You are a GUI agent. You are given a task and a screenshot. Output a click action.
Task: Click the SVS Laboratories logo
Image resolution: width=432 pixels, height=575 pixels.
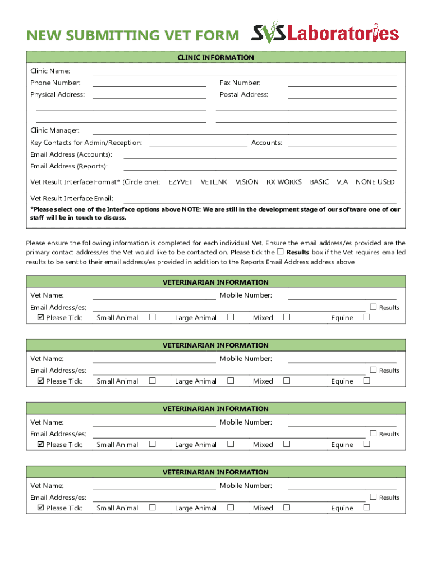325,34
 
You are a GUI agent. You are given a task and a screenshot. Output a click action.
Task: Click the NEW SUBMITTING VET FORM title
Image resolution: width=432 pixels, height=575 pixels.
132,35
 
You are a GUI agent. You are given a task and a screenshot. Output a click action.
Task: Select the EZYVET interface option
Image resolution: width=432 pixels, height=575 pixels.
181,182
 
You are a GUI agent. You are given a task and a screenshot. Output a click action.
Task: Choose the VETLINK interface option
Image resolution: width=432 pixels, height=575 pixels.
214,182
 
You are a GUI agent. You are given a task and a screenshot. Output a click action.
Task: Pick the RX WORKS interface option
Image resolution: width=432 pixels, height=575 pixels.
284,182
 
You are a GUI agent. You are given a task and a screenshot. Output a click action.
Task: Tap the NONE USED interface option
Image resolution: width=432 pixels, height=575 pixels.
375,182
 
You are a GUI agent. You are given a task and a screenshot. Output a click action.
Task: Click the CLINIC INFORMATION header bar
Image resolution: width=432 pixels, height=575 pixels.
216,57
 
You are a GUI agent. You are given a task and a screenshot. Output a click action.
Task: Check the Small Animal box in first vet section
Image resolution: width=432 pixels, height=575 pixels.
152,317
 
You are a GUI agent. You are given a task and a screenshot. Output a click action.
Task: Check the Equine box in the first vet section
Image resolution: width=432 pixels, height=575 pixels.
367,317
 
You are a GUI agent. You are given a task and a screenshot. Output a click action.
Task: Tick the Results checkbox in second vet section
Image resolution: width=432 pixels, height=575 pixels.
373,370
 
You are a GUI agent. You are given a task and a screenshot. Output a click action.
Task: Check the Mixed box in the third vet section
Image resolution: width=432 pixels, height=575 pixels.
287,444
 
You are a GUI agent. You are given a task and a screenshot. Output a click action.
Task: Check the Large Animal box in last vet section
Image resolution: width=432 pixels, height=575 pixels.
231,508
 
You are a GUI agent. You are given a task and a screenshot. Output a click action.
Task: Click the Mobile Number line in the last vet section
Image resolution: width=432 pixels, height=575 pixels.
342,487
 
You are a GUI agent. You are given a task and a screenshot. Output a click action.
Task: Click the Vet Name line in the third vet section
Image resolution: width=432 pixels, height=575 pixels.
154,423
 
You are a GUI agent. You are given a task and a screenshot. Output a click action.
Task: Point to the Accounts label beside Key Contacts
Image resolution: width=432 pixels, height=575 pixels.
266,143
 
